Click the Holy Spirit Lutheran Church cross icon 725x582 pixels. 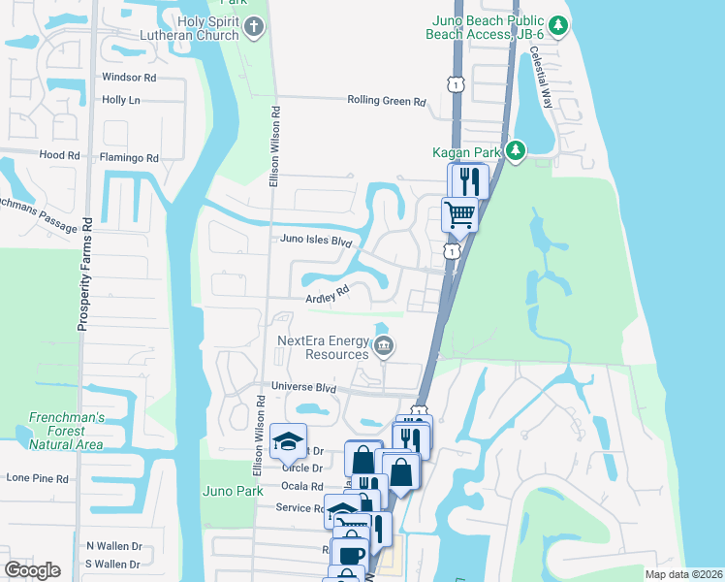[254, 26]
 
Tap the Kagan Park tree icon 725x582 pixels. [518, 150]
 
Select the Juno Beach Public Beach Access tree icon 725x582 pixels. [557, 26]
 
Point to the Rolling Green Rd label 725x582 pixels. [387, 101]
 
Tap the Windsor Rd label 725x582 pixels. [129, 77]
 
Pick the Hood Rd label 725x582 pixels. [60, 155]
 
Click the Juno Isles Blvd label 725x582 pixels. [314, 240]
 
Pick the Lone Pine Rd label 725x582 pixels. [38, 478]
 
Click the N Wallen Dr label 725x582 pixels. [113, 546]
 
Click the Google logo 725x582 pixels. [32, 570]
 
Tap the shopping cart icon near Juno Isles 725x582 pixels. [458, 212]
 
